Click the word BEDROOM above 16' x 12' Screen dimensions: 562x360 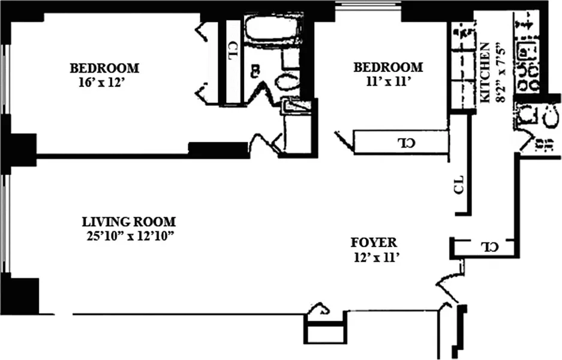tap(104, 68)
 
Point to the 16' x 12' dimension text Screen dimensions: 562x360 tap(101, 83)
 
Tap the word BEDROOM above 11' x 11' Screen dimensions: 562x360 tap(388, 67)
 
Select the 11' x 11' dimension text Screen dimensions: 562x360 tap(388, 82)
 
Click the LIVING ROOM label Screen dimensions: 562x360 tap(129, 221)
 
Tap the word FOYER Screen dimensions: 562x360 tap(374, 242)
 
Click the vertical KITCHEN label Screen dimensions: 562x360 tap(485, 73)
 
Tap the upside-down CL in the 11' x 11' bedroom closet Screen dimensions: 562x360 tap(407, 143)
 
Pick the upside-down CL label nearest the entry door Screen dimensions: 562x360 tap(490, 247)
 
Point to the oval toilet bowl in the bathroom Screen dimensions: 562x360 tap(287, 81)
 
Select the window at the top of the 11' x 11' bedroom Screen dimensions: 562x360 tap(368, 7)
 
